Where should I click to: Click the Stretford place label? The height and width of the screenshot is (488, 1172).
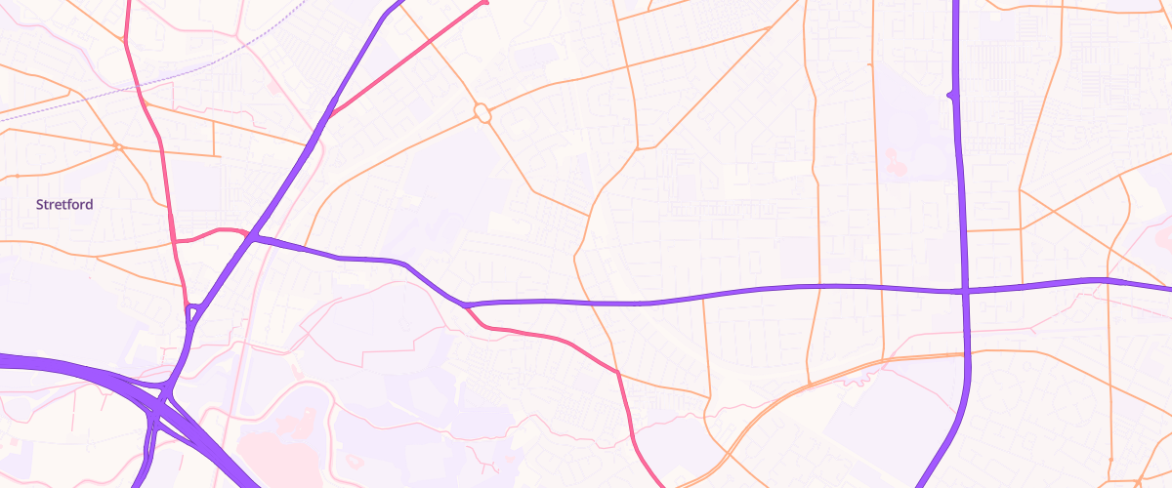click(x=64, y=205)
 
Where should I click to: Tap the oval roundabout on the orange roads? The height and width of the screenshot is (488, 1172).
click(x=481, y=113)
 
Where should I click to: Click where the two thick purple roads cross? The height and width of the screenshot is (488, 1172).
click(x=964, y=290)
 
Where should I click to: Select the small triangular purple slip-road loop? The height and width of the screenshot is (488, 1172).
click(x=193, y=312)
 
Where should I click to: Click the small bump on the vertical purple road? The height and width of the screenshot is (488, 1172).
click(x=950, y=95)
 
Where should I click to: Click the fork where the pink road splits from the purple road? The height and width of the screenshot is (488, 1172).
click(x=466, y=305)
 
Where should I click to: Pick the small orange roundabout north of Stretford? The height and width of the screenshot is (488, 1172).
click(x=116, y=146)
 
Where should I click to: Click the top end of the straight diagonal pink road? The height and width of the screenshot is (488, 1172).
click(x=484, y=3)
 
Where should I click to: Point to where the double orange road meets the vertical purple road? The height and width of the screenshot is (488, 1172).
click(x=965, y=354)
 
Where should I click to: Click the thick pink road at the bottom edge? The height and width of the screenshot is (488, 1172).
click(x=658, y=482)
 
